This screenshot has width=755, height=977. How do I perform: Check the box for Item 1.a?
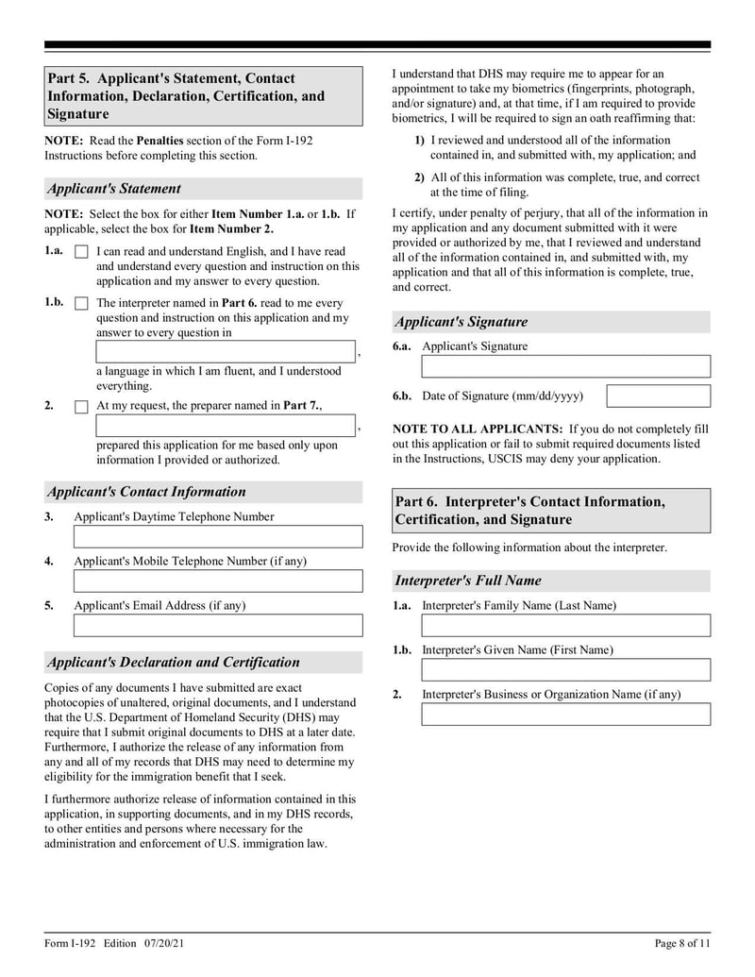click(x=81, y=253)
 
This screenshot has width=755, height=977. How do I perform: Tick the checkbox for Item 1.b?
click(x=81, y=304)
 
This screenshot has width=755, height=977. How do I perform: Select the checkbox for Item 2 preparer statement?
click(x=81, y=407)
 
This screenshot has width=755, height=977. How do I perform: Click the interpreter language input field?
click(x=226, y=352)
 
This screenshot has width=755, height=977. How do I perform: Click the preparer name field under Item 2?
click(x=226, y=427)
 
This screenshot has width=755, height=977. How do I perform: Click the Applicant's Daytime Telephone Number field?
click(x=218, y=537)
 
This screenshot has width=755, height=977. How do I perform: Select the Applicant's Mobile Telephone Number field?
click(x=218, y=581)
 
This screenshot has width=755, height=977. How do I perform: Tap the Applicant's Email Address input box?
click(x=218, y=626)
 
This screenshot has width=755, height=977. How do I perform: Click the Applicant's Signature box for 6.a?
click(x=565, y=366)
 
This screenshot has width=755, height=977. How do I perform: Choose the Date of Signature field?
click(x=658, y=396)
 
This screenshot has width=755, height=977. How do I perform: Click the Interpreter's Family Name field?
click(x=565, y=626)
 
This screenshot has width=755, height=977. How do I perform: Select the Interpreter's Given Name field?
click(x=565, y=670)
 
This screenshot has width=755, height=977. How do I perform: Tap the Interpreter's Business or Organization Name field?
click(x=565, y=715)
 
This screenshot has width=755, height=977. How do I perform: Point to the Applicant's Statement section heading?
click(x=114, y=189)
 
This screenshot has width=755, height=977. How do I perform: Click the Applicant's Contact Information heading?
click(x=146, y=492)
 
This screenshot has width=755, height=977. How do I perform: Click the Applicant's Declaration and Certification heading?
click(x=174, y=663)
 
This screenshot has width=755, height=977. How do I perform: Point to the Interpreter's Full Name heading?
click(x=468, y=581)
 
